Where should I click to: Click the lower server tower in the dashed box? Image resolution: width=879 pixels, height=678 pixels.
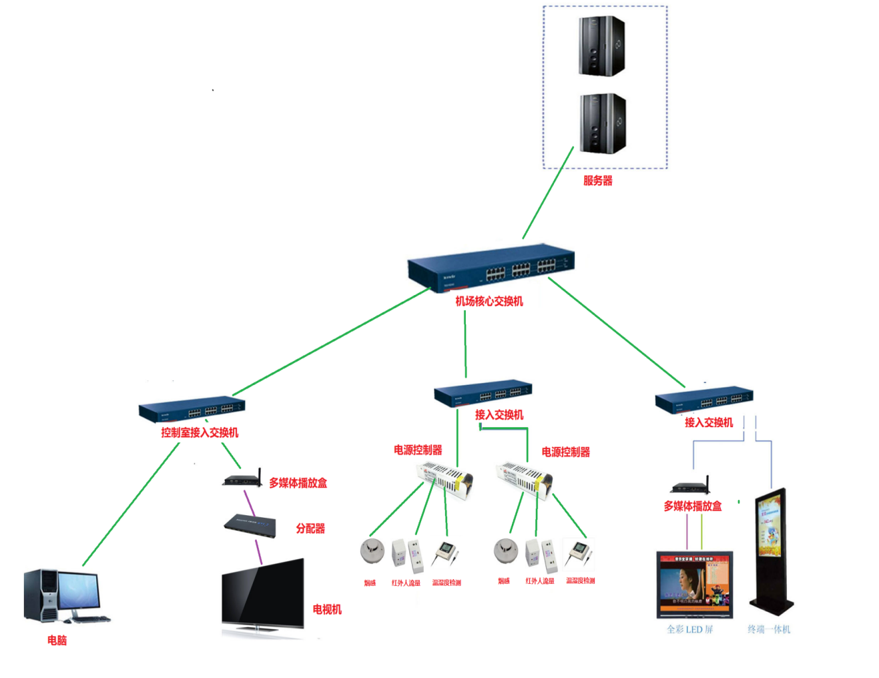[x=603, y=123]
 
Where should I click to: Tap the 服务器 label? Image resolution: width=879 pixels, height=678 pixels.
[x=597, y=181]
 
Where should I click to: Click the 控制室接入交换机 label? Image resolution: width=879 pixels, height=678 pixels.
[x=200, y=432]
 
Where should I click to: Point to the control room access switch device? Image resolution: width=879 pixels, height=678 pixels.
[x=192, y=408]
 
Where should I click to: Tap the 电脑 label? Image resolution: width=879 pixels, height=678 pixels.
[x=57, y=641]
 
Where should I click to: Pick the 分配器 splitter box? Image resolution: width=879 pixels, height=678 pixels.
[x=250, y=525]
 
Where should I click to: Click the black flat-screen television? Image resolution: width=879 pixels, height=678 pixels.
[x=263, y=596]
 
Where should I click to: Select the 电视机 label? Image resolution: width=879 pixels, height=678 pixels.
[x=327, y=609]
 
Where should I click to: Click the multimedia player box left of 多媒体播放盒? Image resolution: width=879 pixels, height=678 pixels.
[x=242, y=480]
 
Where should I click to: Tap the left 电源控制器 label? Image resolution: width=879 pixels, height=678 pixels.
[x=418, y=450]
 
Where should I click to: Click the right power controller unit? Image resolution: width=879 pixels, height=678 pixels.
[x=524, y=478]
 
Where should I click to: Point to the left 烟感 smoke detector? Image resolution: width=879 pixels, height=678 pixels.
[x=372, y=551]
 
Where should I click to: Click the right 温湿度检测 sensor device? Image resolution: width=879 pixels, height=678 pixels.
[x=578, y=552]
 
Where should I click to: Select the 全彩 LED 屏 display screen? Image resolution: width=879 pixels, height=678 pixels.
[x=694, y=583]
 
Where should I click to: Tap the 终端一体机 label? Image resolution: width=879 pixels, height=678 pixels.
[x=768, y=629]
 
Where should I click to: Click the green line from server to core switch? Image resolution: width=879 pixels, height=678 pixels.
[x=548, y=193]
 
